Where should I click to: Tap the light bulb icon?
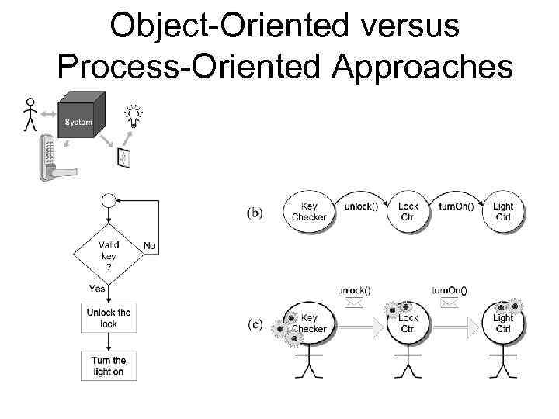click(134, 116)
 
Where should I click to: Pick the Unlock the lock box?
click(109, 318)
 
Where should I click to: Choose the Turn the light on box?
click(109, 365)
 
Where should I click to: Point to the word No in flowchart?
click(149, 246)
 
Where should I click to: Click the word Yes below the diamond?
click(98, 288)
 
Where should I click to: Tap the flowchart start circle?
click(109, 200)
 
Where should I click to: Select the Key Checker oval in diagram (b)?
click(309, 211)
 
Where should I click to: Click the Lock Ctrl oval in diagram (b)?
click(408, 211)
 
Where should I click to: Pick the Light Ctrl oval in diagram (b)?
click(503, 211)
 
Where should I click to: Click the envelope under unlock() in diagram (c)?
click(354, 305)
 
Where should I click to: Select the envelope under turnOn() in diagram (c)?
click(448, 305)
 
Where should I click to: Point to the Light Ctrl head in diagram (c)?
click(503, 323)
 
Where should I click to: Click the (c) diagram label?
click(255, 324)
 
